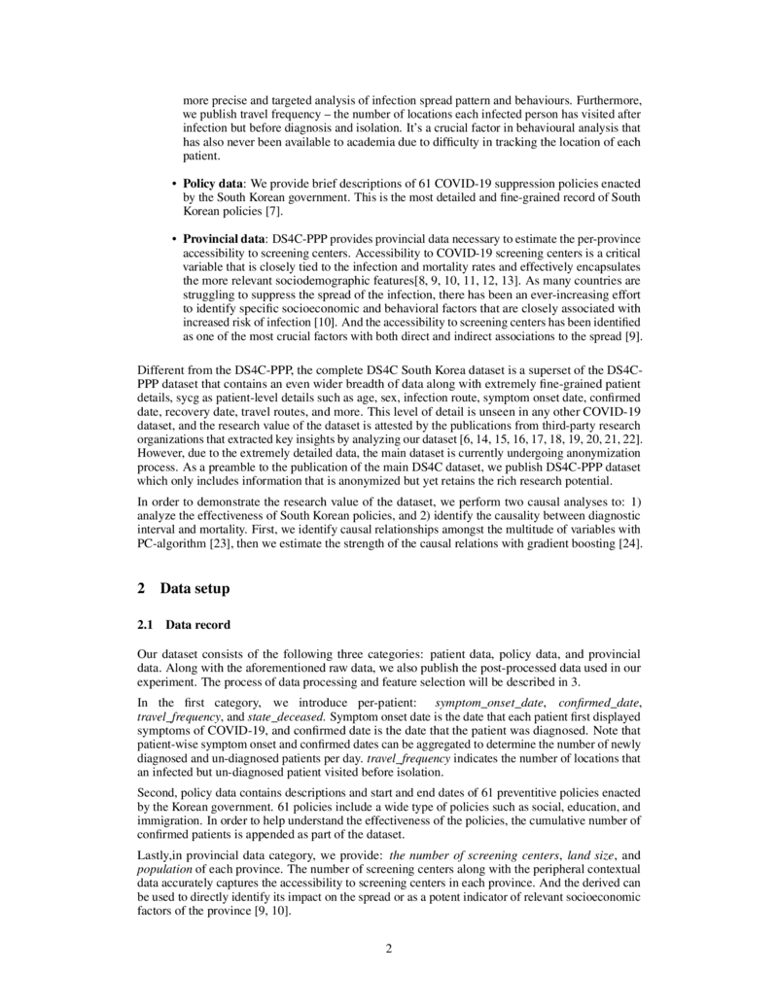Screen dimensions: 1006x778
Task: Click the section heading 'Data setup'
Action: (188, 588)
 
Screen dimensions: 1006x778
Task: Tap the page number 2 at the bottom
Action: (389, 949)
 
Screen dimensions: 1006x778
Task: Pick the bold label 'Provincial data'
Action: (224, 238)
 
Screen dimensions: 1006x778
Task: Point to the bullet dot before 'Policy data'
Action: (174, 183)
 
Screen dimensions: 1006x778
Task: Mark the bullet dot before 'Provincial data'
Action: (174, 238)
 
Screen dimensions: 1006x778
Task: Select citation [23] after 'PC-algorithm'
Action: (219, 542)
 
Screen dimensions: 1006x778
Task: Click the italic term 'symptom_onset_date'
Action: (481, 702)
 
